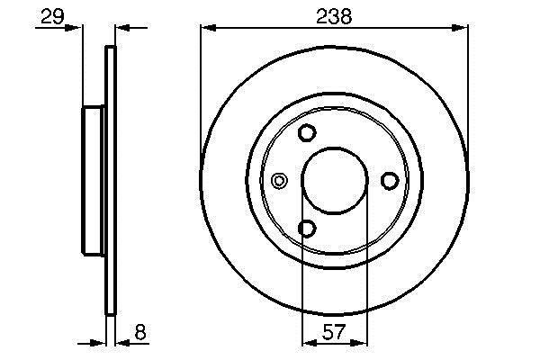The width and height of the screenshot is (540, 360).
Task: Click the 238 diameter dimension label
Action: tap(334, 16)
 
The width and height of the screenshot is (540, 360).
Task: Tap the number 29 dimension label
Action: tap(52, 16)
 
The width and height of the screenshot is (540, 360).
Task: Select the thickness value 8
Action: tap(140, 332)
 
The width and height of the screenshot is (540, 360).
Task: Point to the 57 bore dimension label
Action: tap(334, 332)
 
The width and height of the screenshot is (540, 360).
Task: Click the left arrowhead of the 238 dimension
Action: tap(209, 28)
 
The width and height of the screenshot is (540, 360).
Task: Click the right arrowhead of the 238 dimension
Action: tap(460, 28)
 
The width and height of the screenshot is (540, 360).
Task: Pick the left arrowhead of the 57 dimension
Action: tap(310, 342)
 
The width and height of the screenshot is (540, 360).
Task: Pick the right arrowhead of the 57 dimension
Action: tap(359, 342)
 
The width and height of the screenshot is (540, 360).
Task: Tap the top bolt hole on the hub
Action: tap(307, 132)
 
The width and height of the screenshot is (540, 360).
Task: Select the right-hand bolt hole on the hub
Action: tap(390, 181)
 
